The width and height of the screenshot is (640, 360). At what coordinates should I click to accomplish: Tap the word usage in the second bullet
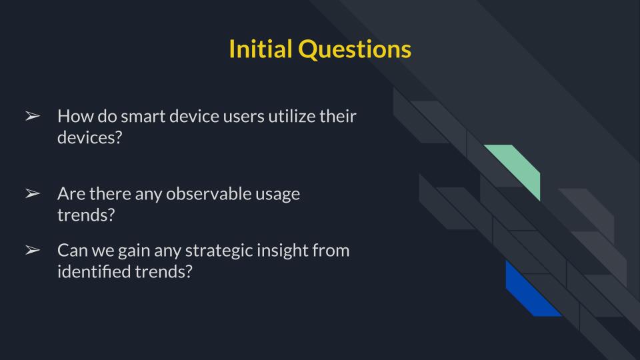[278, 194]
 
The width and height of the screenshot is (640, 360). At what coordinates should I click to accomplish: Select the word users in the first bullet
[241, 116]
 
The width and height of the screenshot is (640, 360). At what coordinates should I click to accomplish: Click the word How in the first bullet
[73, 116]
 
